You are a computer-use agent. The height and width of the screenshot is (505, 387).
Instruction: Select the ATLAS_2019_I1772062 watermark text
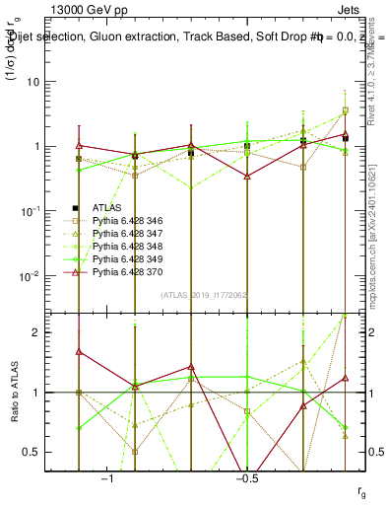202,295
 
